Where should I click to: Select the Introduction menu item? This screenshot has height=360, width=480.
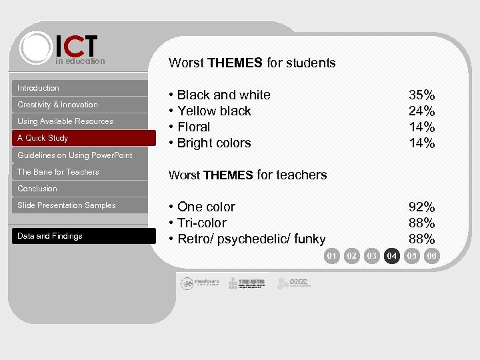38,88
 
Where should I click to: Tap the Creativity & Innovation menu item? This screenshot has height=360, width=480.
57,105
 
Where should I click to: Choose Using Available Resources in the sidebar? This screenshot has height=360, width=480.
65,121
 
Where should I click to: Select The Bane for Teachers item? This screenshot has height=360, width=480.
58,172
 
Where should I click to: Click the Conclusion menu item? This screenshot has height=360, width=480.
37,189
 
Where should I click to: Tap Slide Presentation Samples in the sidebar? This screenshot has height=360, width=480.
67,205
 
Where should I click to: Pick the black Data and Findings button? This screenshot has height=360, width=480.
50,236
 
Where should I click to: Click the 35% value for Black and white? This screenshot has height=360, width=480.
421,95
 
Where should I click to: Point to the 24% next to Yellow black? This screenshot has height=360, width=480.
421,111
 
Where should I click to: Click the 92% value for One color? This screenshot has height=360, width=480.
421,207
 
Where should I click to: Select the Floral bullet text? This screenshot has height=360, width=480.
193,127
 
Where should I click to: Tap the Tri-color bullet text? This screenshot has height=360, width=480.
202,223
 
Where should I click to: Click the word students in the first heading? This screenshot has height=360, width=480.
311,63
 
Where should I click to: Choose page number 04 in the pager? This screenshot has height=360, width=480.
392,255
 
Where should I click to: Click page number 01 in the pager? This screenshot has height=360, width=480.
332,255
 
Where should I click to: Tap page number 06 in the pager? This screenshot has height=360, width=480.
432,255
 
